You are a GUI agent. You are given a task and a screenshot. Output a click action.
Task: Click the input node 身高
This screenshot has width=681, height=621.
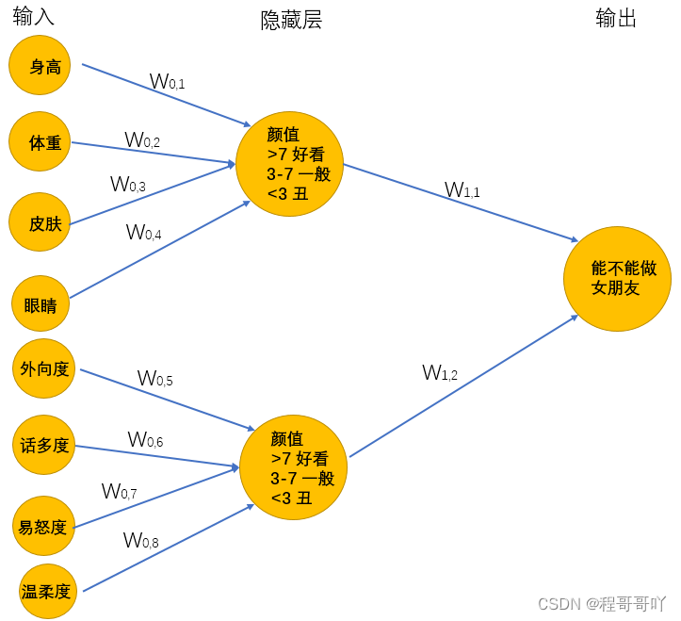coord(40,66)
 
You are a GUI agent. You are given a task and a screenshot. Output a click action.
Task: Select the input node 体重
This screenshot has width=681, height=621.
coord(41,142)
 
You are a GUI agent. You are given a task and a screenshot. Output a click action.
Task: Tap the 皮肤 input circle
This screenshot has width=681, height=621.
coord(40,222)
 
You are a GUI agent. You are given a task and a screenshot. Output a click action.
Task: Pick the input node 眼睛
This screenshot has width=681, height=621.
coord(41,304)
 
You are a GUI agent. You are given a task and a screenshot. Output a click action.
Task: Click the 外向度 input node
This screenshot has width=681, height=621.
coord(44,368)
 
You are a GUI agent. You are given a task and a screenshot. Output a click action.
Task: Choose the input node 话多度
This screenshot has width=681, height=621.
coord(44,445)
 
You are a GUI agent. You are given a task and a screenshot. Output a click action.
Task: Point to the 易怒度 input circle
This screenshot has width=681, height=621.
coord(42,526)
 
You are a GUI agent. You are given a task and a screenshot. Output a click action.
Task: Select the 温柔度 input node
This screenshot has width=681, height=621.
coord(46,592)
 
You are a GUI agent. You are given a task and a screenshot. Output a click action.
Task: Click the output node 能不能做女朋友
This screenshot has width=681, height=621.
coord(617,279)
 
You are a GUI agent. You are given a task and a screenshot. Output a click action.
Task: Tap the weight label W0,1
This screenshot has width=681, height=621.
coord(168,82)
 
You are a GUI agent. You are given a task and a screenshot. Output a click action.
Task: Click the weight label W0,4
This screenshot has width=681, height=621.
coord(144,232)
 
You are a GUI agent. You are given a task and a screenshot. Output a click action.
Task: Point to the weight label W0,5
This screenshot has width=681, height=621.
coord(154,379)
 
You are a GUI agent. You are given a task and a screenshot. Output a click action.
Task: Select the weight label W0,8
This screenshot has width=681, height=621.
coord(140,541)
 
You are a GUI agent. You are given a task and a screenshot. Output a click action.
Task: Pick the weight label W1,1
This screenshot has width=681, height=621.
coord(462,190)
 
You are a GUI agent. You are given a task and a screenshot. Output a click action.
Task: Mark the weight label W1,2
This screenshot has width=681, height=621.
coord(440,373)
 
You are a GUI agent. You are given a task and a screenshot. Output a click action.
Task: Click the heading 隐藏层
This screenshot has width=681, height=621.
coord(291,21)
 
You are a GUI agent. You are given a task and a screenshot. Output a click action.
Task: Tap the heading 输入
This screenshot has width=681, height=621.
coord(34,16)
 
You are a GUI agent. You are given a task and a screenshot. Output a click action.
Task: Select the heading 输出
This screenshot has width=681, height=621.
coord(617,18)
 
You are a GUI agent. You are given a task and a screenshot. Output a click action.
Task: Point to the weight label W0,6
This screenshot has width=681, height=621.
coord(145,440)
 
